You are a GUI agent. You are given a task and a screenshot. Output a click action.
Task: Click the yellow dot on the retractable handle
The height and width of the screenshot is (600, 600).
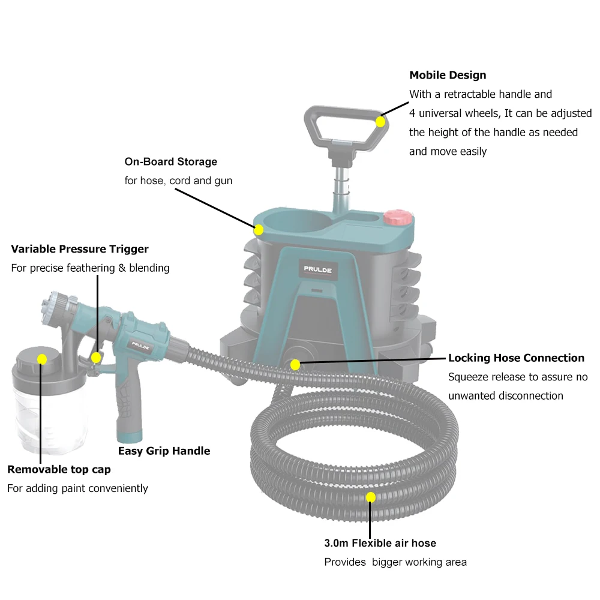coord(380,122)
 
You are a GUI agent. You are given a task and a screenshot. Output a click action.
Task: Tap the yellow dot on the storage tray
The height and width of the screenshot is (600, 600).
coord(259,229)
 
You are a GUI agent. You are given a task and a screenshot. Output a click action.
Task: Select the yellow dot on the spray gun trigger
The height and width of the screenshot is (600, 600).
coord(96,358)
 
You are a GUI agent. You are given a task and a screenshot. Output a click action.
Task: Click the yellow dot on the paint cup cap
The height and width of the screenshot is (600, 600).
coord(41,359)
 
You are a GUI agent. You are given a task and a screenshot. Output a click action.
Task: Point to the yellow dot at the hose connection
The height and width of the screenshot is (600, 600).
coord(295,364)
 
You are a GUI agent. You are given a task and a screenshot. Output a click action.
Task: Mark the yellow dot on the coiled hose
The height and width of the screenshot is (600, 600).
coord(371,497)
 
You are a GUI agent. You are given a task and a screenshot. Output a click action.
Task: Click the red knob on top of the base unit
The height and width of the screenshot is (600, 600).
coord(395,217)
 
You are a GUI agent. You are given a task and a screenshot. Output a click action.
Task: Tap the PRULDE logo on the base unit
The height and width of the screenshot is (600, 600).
coord(317,269)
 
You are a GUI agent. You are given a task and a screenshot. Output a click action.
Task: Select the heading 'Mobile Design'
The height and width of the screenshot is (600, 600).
coord(448,75)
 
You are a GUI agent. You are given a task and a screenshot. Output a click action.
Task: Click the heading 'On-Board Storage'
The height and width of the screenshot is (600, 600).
coord(171,161)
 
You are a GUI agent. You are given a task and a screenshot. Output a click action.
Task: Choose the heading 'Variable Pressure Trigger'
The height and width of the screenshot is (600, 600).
coord(80,248)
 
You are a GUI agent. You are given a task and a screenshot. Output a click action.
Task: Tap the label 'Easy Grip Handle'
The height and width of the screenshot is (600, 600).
coord(164,451)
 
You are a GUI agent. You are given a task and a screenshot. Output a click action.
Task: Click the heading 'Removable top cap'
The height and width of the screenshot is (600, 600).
coord(59,469)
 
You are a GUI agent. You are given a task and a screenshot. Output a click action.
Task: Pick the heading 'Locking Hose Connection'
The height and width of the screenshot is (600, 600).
coord(516,358)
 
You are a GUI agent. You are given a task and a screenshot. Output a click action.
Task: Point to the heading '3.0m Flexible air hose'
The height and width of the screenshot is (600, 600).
coord(380,543)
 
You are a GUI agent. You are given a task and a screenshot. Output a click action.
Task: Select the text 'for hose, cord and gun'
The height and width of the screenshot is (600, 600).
coord(178,181)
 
